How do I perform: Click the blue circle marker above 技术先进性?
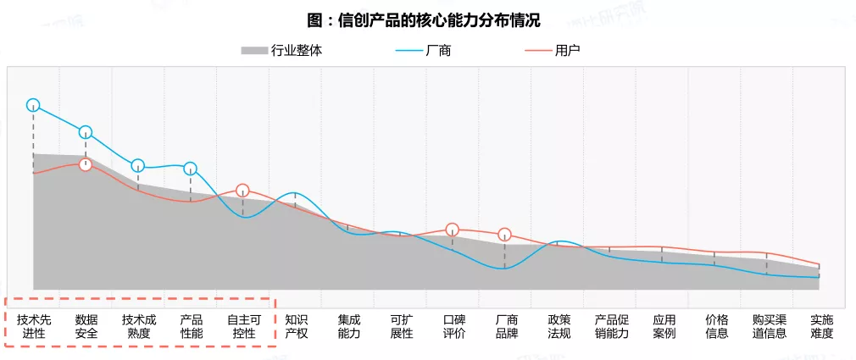point(33,105)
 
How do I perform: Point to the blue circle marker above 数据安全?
point(86,132)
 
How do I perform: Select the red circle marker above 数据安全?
point(86,164)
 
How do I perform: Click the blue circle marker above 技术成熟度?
point(138,165)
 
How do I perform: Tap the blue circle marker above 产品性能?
point(191,169)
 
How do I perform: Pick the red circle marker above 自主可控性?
point(242,190)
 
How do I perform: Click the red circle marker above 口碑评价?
point(453,229)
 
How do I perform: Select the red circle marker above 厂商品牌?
point(505,235)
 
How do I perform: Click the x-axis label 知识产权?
point(296,326)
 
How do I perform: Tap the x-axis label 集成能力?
point(348,326)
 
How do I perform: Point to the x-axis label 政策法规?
point(559,326)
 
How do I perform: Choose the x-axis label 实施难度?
point(821,326)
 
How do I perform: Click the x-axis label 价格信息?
point(716,326)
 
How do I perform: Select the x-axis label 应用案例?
point(664,326)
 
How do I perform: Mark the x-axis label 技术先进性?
point(34,326)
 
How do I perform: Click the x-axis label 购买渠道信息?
point(769,326)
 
